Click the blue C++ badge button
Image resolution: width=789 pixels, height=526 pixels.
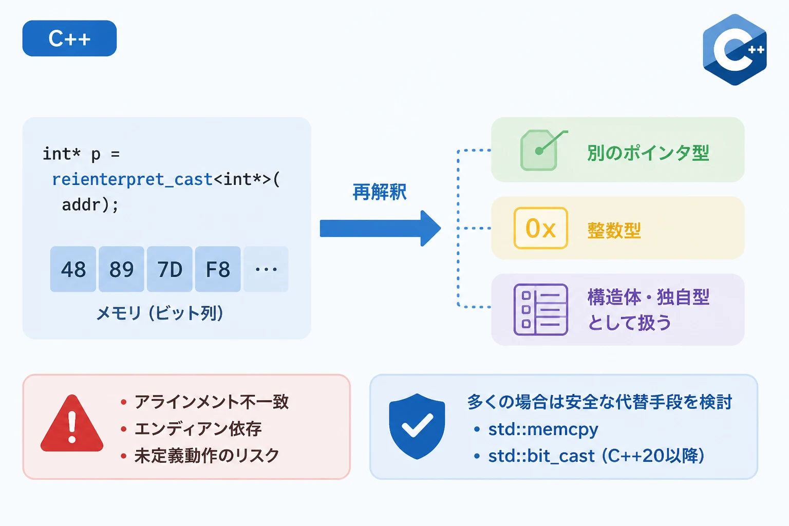(69, 38)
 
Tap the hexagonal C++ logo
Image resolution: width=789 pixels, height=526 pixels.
(735, 50)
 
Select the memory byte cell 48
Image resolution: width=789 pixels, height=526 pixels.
(73, 269)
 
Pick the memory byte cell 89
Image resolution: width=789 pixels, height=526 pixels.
(121, 269)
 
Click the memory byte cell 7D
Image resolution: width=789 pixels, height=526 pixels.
(170, 269)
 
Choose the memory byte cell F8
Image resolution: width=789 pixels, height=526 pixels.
(218, 269)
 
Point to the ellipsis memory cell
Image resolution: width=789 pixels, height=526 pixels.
(266, 269)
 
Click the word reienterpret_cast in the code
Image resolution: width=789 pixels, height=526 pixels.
(132, 180)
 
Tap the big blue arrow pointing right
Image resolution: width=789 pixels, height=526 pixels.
(381, 228)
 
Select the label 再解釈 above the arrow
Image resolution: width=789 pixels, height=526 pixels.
(380, 192)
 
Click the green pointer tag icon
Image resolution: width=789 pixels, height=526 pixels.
(543, 151)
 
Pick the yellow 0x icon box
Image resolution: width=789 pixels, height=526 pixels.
(541, 228)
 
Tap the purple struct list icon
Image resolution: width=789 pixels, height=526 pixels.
(541, 309)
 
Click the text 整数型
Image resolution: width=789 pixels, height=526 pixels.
(614, 231)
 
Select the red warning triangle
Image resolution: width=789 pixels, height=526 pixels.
(72, 423)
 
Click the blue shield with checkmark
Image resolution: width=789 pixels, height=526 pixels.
(417, 426)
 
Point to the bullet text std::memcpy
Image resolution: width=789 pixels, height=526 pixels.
(543, 429)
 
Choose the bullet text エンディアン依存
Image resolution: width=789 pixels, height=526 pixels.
(198, 429)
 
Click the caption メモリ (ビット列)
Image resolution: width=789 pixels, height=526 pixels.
(160, 313)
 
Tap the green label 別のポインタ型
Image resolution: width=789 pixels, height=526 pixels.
(648, 153)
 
